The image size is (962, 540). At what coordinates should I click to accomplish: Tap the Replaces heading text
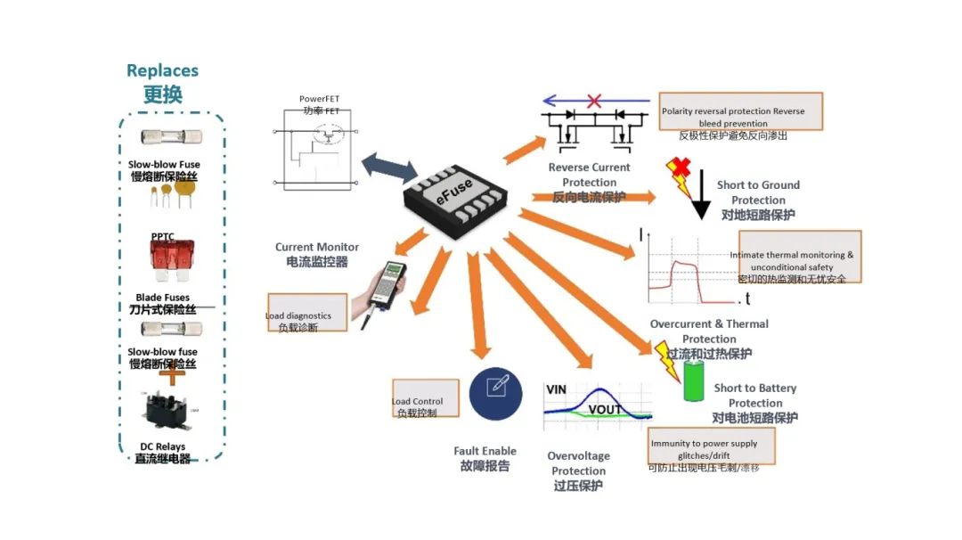coord(162,70)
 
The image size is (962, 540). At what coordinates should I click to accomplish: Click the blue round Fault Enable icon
coord(495,393)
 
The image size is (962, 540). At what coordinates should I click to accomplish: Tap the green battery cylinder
coord(693,381)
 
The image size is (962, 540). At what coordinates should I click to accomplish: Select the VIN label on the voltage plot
coord(556,390)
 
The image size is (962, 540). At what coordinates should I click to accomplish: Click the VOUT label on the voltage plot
coord(605,410)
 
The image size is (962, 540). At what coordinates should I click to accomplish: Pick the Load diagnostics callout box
coord(306,313)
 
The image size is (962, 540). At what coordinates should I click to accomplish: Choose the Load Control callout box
coord(426,397)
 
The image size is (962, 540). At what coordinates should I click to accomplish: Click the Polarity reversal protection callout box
coord(740,112)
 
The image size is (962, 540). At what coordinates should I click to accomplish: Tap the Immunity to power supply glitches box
coord(711,446)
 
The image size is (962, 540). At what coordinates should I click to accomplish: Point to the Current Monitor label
coord(317,247)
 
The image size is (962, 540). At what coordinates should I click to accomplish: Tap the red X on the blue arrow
coord(594,101)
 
